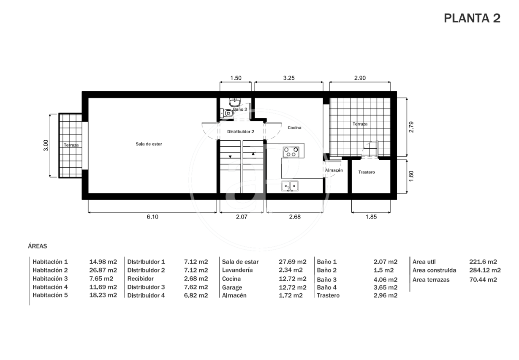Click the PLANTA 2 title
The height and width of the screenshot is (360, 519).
(x=472, y=18)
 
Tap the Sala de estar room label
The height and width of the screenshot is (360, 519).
(x=149, y=144)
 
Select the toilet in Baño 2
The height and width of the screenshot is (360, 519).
(x=227, y=113)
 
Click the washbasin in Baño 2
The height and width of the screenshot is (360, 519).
(x=235, y=102)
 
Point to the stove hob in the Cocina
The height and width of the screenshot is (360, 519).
(x=291, y=152)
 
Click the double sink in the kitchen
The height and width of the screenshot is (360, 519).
(x=290, y=186)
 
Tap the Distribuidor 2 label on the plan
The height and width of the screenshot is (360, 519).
(x=241, y=132)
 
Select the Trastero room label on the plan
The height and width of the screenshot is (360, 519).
(x=366, y=172)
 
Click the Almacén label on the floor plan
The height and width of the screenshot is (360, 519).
(x=334, y=170)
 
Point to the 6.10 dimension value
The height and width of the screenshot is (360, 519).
(x=152, y=217)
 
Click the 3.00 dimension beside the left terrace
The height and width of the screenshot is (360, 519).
(x=46, y=145)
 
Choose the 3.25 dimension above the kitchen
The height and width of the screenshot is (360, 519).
(x=289, y=78)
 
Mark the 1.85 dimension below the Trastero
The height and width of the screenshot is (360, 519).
(x=371, y=217)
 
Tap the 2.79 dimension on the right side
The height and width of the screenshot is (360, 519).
(x=411, y=127)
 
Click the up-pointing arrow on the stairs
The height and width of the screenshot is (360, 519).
(x=253, y=154)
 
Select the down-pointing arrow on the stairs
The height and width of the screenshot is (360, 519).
(x=230, y=157)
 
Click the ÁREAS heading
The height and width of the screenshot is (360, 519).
(x=37, y=246)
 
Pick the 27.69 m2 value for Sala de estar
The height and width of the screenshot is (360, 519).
(x=292, y=262)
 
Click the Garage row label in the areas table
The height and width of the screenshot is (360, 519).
(x=232, y=287)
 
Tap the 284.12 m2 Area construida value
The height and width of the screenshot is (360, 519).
(x=485, y=270)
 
